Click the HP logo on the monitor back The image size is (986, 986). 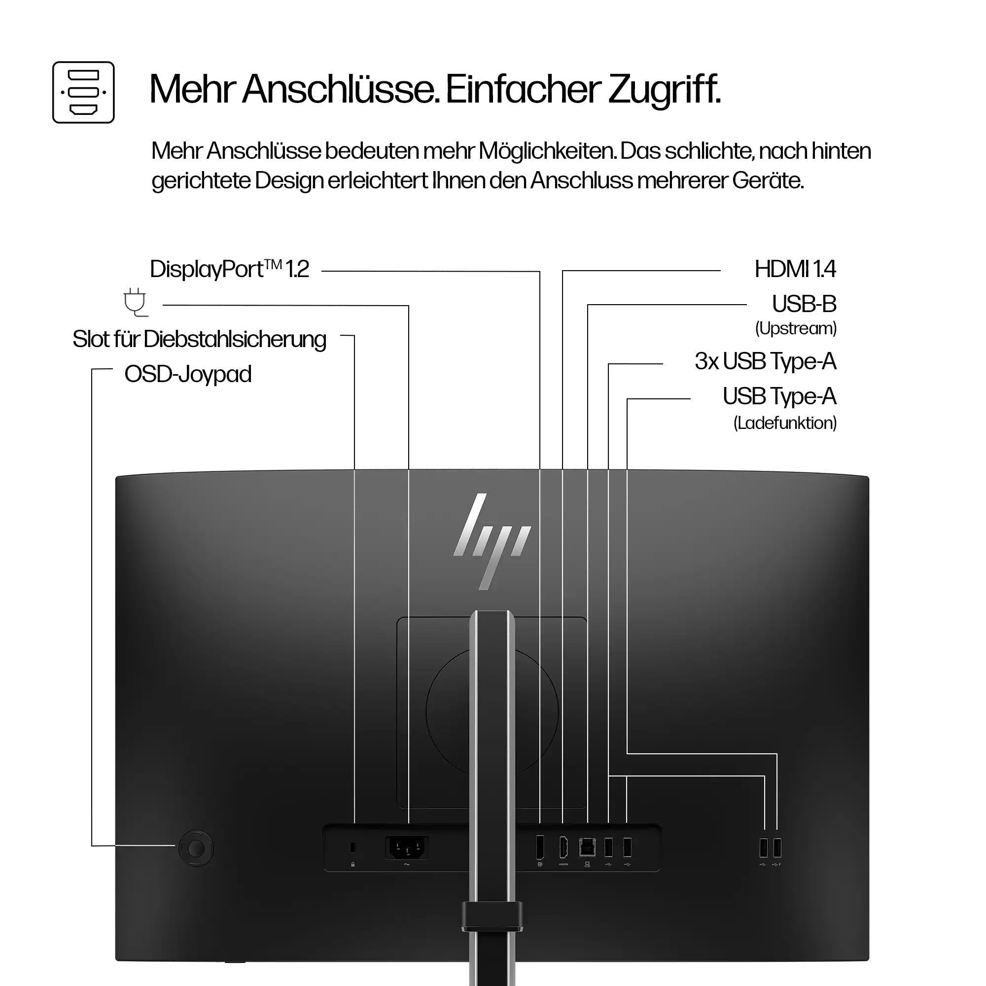click(x=492, y=541)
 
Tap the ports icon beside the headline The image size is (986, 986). click(x=83, y=92)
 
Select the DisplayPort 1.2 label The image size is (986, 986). click(x=229, y=269)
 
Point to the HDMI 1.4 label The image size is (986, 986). click(x=795, y=269)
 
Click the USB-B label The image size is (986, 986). click(x=804, y=304)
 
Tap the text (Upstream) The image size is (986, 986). click(x=796, y=328)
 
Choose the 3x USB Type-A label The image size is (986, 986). click(x=765, y=361)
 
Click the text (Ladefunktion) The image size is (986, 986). click(x=785, y=423)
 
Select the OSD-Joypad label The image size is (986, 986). click(x=188, y=374)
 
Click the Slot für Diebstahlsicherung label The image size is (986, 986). click(x=199, y=339)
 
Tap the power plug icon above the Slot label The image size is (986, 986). click(x=135, y=302)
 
